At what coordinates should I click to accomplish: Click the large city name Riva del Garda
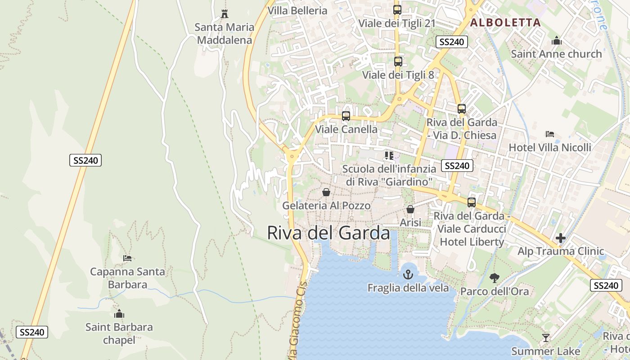coord(328,233)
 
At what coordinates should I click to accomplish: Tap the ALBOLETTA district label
coord(505,22)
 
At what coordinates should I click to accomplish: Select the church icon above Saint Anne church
coord(557,41)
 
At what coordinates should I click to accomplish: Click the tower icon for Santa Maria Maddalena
coord(224,13)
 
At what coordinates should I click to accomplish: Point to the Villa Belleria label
coord(297,10)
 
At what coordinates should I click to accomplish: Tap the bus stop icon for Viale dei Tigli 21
coord(397,10)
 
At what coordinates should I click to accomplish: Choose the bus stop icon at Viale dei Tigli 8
coord(398,62)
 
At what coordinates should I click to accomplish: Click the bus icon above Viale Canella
coord(346,116)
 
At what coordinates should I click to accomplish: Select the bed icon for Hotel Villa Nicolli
coord(549,134)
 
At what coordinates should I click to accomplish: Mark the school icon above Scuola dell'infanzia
coord(389,156)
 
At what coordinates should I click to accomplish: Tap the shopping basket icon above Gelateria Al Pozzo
coord(326,192)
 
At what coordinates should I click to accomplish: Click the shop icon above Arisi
coord(410,209)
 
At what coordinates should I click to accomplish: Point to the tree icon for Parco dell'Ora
coord(494,278)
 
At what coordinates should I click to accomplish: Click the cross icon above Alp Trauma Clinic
coord(561,238)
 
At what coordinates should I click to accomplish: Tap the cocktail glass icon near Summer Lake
coord(546,337)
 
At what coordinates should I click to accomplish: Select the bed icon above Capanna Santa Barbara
coord(127,258)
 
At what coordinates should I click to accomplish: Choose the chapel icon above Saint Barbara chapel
coord(119,314)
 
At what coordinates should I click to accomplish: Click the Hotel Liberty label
coord(472,242)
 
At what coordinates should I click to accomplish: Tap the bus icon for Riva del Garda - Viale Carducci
coord(472,202)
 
